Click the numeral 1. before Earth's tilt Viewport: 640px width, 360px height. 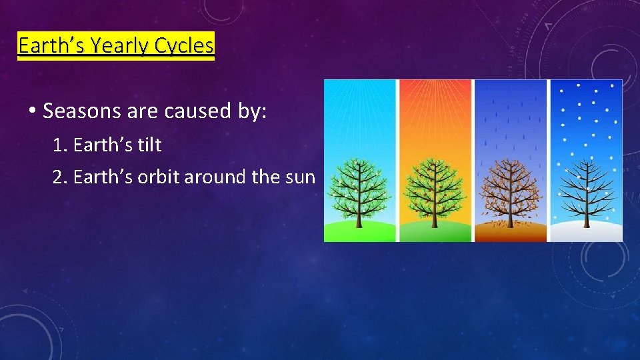tap(61, 145)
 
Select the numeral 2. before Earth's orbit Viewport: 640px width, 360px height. tap(61, 178)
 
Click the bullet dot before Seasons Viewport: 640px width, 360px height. tap(32, 111)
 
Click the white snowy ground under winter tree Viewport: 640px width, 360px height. tap(585, 233)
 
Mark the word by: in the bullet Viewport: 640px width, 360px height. tap(252, 111)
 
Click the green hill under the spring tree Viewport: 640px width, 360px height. tap(359, 233)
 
